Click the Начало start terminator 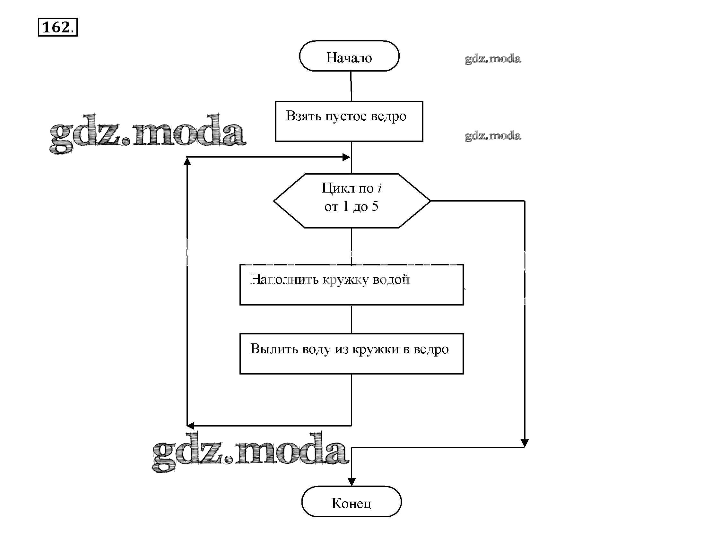349,56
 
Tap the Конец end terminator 351,502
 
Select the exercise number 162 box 57,27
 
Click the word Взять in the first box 303,116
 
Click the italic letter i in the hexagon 380,188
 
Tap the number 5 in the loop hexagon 375,206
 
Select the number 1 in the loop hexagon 346,206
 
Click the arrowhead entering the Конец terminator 351,481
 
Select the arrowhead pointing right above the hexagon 346,157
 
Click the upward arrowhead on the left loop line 187,161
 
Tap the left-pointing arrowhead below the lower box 191,426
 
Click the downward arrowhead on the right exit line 525,443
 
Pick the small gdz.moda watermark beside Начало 493,59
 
